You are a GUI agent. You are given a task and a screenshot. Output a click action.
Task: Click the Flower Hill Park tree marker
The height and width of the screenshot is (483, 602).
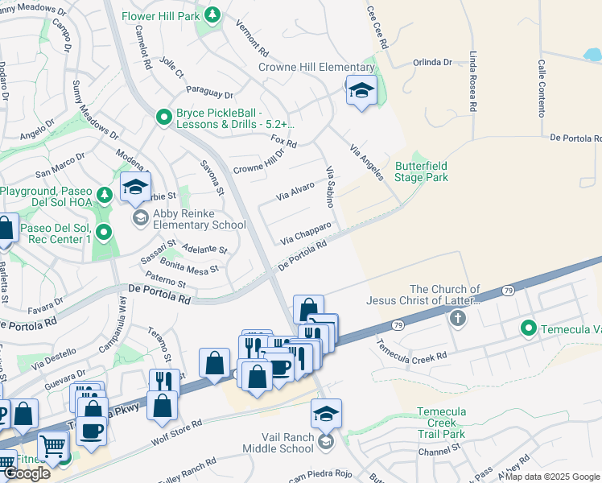[212, 14]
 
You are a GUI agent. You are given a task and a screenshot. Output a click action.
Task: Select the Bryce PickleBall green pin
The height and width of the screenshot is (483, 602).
[164, 118]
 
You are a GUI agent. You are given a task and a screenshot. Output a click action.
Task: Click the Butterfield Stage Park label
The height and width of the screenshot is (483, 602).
[421, 171]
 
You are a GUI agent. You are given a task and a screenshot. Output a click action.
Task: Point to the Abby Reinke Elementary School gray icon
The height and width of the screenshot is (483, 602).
[140, 217]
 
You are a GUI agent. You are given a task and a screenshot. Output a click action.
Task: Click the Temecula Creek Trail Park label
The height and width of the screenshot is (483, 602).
[441, 423]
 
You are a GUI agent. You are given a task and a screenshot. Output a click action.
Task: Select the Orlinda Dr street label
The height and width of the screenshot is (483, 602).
[433, 62]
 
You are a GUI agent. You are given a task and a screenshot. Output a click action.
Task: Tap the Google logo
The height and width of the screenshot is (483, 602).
[27, 473]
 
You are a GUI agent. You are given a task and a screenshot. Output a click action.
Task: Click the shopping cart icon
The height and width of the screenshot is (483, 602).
[52, 444]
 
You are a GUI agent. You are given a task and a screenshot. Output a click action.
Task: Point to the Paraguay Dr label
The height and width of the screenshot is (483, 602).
[209, 93]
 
